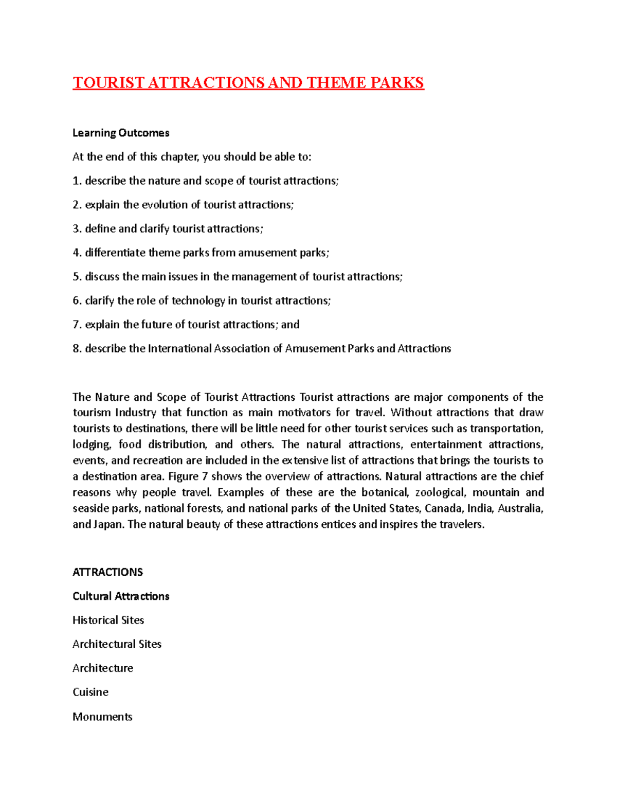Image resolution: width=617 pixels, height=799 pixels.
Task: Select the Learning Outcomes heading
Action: [x=121, y=133]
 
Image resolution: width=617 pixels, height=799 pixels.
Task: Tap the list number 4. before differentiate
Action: [x=77, y=253]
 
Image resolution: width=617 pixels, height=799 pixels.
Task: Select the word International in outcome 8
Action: [x=179, y=348]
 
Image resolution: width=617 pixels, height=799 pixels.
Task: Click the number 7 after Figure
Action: [x=205, y=476]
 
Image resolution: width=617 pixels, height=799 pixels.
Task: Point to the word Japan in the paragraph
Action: [x=108, y=524]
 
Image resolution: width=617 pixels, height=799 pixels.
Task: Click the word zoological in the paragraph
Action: [x=441, y=492]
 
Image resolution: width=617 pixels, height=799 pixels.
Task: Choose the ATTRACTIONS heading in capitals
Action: [x=107, y=572]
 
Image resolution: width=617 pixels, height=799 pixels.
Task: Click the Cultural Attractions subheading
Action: [x=121, y=596]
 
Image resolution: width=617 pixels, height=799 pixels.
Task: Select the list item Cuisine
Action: [x=90, y=692]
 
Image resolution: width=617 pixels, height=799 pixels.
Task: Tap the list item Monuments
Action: [x=102, y=717]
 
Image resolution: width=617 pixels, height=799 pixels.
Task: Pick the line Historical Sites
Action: [x=108, y=620]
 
